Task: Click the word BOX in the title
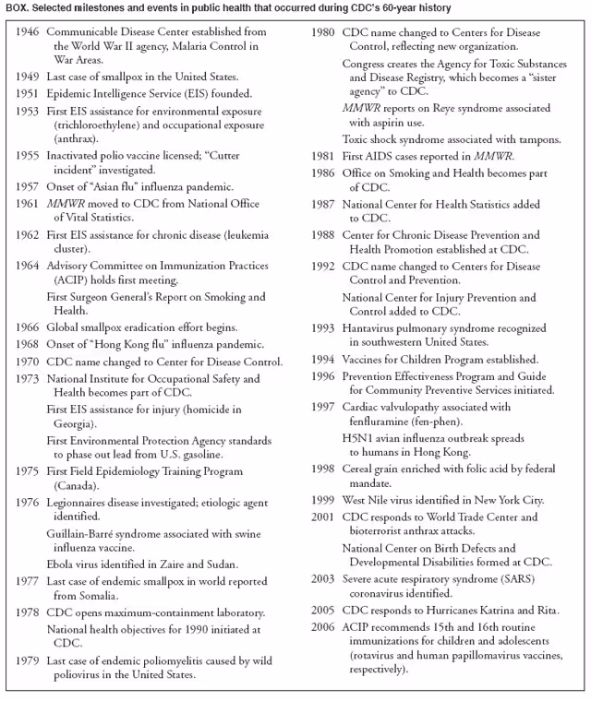(x=18, y=8)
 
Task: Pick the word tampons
(x=538, y=139)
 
